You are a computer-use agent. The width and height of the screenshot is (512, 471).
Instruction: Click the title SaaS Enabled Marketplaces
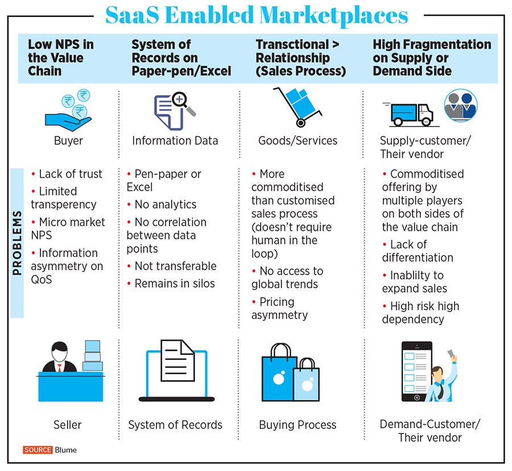click(x=257, y=15)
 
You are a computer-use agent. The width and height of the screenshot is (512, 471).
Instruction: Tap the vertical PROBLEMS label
click(x=17, y=243)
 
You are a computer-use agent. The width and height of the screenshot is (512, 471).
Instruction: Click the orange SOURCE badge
click(x=38, y=450)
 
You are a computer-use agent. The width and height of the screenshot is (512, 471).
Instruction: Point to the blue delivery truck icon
click(x=411, y=114)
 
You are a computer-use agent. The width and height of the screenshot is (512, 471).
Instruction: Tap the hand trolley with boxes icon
click(x=298, y=107)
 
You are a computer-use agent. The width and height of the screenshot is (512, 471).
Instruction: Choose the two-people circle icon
click(x=461, y=105)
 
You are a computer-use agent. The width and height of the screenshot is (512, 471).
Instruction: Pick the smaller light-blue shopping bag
click(x=306, y=380)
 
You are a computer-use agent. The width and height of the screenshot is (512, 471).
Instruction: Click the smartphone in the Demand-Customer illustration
click(x=416, y=371)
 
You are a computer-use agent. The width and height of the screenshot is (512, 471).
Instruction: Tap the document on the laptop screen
click(x=177, y=361)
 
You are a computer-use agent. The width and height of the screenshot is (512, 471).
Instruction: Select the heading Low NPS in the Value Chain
click(x=61, y=58)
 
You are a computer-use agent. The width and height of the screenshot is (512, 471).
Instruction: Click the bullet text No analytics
click(x=165, y=204)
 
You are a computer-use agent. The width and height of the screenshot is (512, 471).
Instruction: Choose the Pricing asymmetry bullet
click(x=279, y=308)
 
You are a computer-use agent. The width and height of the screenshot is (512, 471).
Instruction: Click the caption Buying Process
click(x=298, y=425)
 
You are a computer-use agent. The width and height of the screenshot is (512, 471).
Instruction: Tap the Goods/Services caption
click(x=298, y=141)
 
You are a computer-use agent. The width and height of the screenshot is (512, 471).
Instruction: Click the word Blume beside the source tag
click(x=65, y=450)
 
